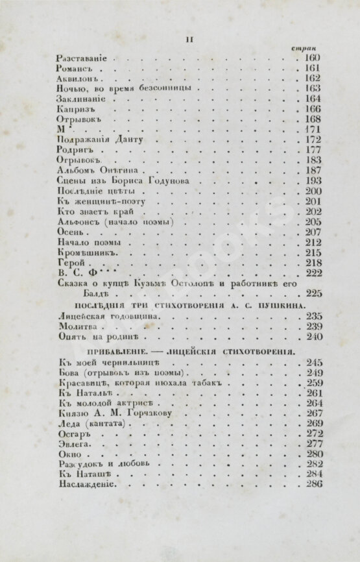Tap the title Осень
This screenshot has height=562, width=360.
click(70, 232)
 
